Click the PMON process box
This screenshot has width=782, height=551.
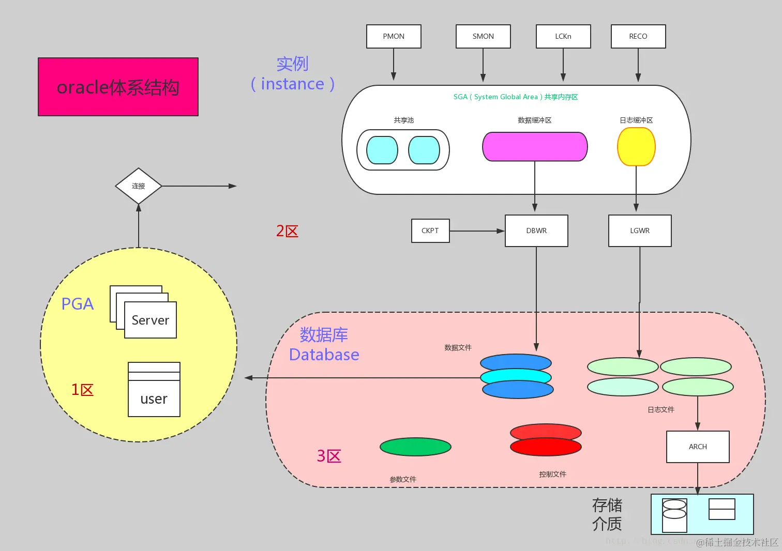point(394,37)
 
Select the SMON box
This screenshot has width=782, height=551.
point(483,37)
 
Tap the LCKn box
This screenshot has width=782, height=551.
point(563,37)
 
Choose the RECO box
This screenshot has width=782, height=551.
point(638,37)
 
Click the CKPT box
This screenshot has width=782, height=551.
point(430,231)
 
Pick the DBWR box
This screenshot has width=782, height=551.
point(536,231)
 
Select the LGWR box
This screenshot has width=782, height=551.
point(640,231)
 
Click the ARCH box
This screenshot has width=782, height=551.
point(698,447)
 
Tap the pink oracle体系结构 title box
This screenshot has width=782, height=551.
point(118,87)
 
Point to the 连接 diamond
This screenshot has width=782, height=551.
point(138,186)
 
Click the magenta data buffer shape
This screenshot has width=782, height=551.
point(535,147)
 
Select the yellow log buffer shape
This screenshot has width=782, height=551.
point(636,147)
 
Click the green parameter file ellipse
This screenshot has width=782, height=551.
point(415,447)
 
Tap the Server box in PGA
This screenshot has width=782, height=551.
point(151,320)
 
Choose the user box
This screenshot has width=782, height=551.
point(154,398)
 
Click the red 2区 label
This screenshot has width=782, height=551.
point(287,231)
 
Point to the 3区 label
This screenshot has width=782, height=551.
point(329,456)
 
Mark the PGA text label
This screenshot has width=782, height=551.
point(78,304)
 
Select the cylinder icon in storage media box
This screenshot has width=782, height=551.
point(674,515)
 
